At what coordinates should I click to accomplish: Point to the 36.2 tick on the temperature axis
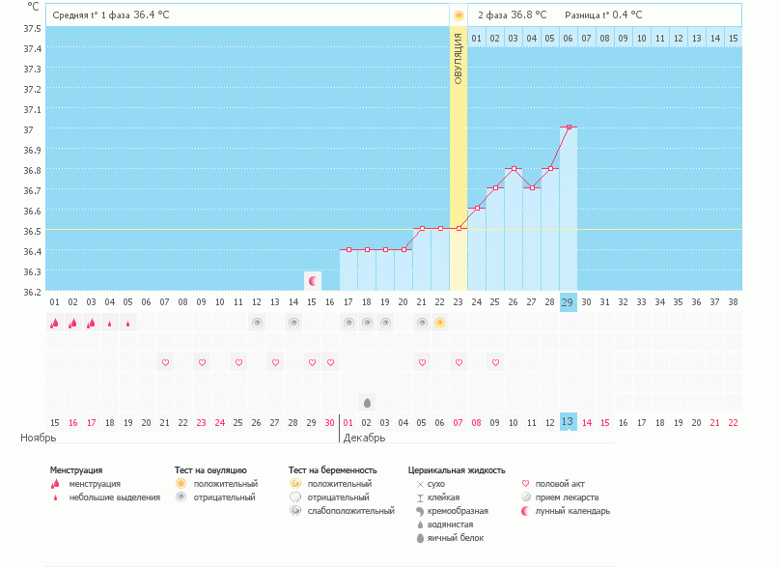click(x=32, y=291)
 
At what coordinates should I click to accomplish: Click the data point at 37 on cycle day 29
click(x=569, y=127)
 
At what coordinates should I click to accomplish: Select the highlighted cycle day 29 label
click(x=569, y=302)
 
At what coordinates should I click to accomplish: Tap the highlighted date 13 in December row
click(x=569, y=421)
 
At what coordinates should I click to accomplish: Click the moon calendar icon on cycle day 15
click(x=312, y=281)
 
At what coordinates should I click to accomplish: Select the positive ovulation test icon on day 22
click(x=439, y=323)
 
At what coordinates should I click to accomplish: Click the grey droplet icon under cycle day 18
click(x=367, y=402)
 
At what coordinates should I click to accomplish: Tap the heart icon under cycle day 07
click(x=165, y=362)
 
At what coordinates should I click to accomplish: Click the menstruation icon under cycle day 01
click(x=55, y=324)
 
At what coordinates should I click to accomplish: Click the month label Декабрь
click(x=364, y=438)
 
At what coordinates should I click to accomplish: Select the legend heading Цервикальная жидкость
click(x=457, y=470)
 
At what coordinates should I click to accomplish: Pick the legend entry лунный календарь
click(x=573, y=511)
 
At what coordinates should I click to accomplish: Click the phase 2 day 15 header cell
click(x=734, y=38)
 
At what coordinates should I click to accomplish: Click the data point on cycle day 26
click(x=514, y=168)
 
